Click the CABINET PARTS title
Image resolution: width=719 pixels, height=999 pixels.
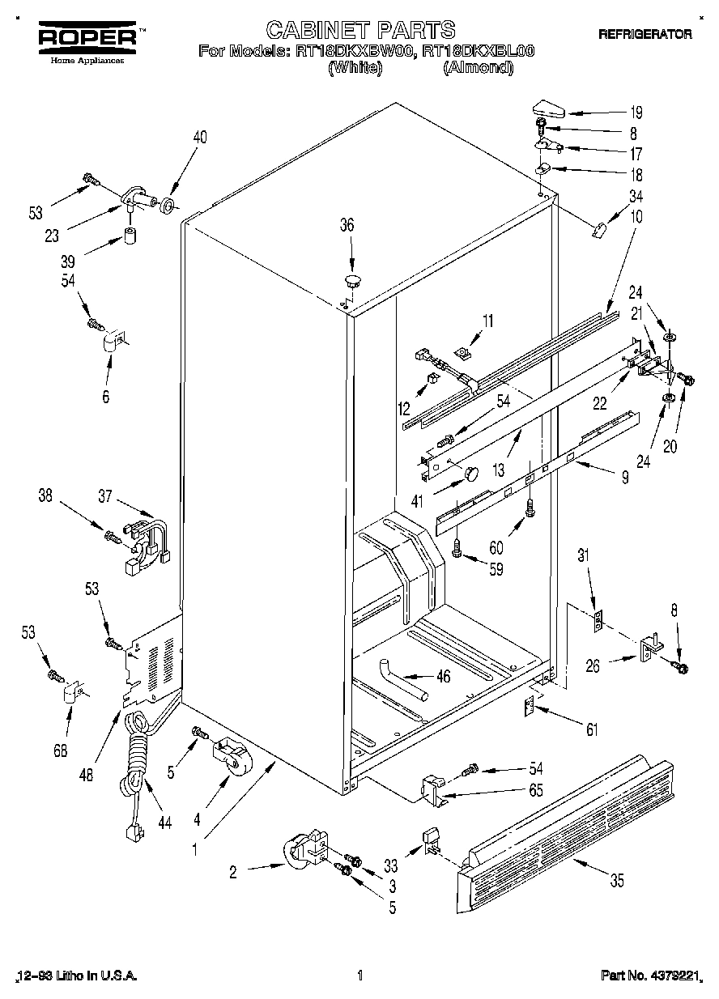[361, 30]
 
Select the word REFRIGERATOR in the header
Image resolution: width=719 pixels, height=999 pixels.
[645, 34]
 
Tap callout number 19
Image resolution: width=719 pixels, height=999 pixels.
[636, 113]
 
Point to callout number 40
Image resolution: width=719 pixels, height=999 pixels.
[199, 138]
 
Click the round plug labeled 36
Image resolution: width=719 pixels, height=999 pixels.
[352, 281]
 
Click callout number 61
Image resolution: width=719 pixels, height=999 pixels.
[592, 730]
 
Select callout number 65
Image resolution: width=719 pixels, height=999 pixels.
[535, 789]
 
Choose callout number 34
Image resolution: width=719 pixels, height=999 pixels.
[636, 195]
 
